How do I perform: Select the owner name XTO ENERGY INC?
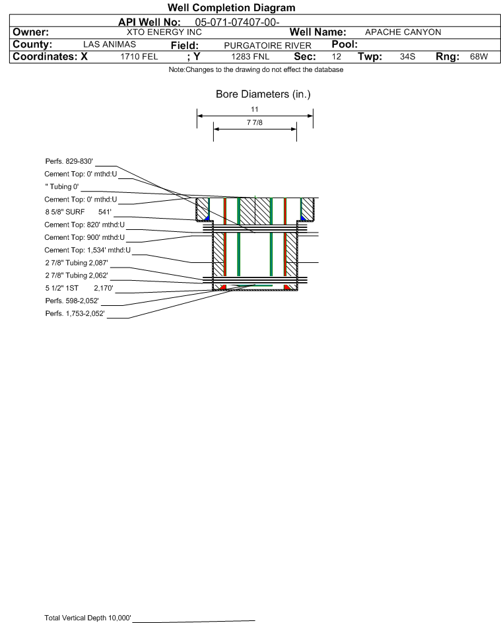[164, 32]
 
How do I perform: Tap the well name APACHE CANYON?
[403, 32]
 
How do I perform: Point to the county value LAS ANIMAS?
[110, 44]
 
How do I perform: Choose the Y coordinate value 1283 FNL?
[250, 57]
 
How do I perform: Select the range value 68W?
[479, 57]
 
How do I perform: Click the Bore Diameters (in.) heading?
[263, 94]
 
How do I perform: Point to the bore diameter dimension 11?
[255, 109]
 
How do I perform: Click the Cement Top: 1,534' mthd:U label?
[88, 250]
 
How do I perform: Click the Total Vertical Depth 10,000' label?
[88, 618]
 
